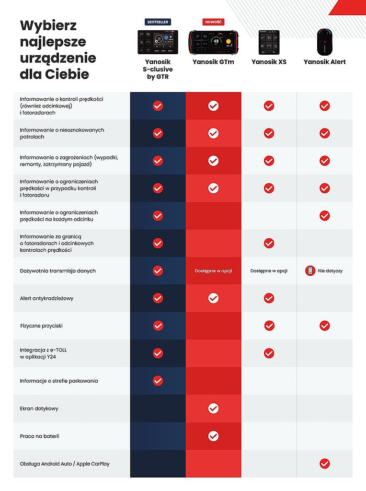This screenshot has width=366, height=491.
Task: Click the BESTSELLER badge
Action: click(158, 22)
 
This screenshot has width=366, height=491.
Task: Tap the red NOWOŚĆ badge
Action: click(213, 22)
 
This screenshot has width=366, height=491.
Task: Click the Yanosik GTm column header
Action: click(213, 62)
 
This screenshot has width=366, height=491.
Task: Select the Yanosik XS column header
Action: click(269, 62)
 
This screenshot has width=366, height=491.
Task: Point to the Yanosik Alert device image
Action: click(324, 42)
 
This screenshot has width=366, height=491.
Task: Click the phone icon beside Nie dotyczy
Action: click(310, 271)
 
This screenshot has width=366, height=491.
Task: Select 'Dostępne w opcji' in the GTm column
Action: click(213, 271)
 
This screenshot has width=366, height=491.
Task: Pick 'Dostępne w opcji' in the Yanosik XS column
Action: click(269, 271)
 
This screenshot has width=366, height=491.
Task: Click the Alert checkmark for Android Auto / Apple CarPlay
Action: click(324, 464)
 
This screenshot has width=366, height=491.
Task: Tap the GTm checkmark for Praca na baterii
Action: click(213, 436)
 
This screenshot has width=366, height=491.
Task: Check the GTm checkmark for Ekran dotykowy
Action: click(213, 409)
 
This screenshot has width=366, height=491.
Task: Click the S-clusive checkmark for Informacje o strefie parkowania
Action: click(158, 381)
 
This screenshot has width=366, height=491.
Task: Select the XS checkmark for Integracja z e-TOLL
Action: click(269, 353)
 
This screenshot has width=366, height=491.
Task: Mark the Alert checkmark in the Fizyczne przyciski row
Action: click(324, 326)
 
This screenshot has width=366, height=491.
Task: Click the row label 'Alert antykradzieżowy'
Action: click(46, 298)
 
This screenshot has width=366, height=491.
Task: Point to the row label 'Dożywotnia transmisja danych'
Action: click(57, 271)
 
